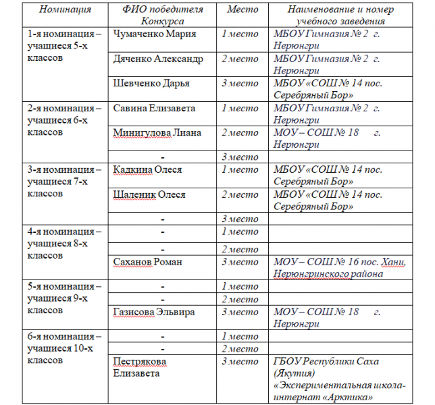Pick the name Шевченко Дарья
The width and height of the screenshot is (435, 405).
tap(151, 83)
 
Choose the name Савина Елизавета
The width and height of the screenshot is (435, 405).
tap(155, 108)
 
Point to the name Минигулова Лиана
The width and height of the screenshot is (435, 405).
tap(157, 132)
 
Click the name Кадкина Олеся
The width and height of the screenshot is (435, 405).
tap(147, 169)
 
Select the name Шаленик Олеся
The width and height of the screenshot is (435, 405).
tap(149, 194)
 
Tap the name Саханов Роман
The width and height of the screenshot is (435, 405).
tap(150, 261)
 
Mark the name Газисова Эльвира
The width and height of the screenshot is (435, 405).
tap(154, 312)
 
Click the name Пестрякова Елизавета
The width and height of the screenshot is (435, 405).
tap(140, 367)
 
